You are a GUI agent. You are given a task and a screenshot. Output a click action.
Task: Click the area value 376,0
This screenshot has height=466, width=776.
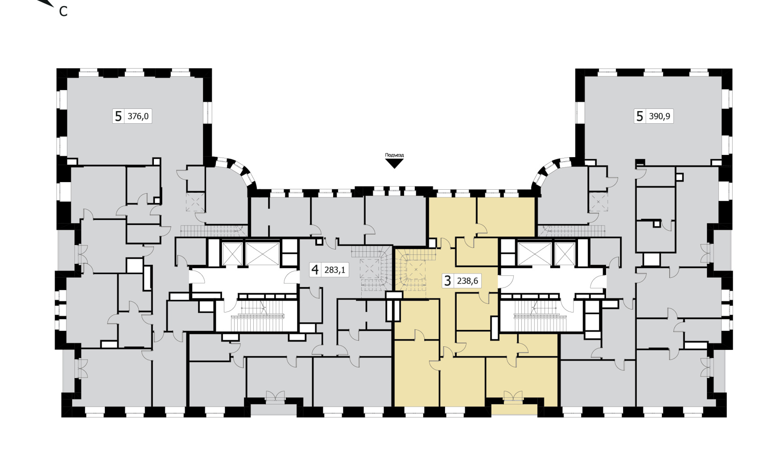point(138,116)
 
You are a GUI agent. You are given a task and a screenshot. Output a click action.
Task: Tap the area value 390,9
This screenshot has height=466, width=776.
point(660,116)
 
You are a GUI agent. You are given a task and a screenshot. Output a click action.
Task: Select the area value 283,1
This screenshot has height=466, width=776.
point(335,270)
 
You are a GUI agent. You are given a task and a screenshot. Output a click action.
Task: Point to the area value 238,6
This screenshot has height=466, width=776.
point(467,281)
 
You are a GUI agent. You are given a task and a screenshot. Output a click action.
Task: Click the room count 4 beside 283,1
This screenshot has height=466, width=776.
point(315,270)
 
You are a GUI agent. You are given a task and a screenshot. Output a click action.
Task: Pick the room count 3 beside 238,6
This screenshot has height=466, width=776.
point(448,281)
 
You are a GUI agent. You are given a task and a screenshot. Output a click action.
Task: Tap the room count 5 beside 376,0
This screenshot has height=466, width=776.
point(118,116)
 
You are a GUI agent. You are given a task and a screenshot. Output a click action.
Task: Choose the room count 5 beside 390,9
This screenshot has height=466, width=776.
point(640,116)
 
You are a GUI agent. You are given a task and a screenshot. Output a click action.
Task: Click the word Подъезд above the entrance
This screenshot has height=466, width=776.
point(394,155)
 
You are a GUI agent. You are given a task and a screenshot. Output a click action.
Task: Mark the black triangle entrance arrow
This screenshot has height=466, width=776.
point(394,163)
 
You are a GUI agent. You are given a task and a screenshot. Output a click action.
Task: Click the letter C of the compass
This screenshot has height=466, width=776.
point(63,12)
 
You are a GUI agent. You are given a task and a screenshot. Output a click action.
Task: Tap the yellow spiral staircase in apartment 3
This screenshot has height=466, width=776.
point(415,270)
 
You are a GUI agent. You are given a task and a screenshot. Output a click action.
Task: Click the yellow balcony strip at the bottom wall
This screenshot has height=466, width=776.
point(514,409)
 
